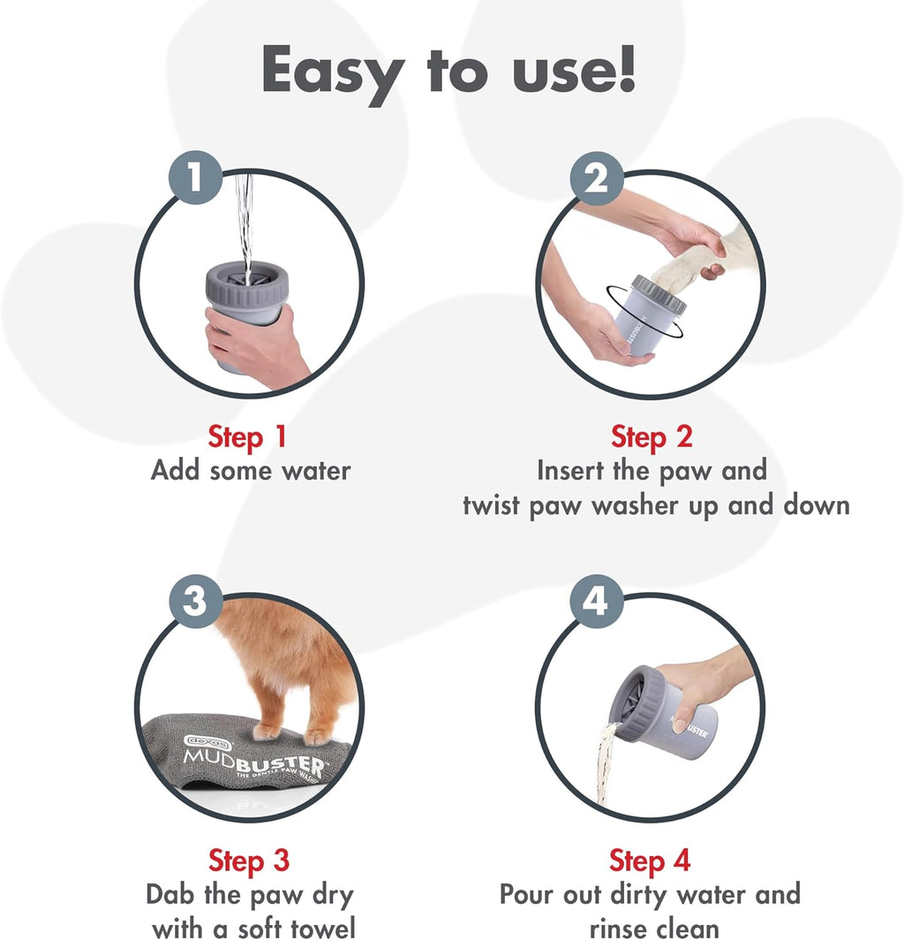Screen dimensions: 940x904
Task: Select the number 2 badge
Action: point(597,179)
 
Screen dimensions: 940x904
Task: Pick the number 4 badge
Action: point(597,602)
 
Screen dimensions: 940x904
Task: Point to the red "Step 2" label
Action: point(652,436)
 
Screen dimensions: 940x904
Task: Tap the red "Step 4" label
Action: point(650,860)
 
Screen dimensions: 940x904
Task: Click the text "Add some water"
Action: point(251,470)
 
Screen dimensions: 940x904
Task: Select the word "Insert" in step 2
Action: point(576,470)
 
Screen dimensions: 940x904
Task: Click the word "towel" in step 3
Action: point(318,927)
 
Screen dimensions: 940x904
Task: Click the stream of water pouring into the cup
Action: point(246,221)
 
